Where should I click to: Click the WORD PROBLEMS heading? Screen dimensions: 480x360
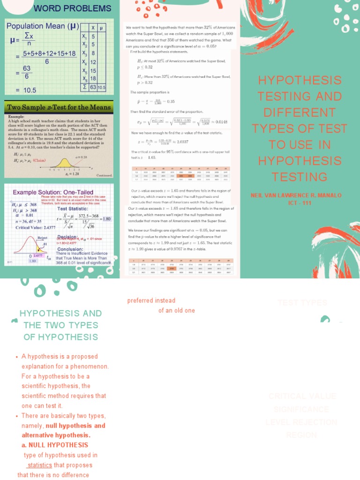click(72, 8)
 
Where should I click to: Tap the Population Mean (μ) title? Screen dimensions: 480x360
click(42, 26)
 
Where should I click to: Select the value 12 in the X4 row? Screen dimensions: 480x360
click(93, 62)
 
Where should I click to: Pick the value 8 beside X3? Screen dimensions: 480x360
click(93, 53)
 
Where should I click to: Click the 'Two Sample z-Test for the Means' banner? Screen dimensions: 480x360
click(59, 107)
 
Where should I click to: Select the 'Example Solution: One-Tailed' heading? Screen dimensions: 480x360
click(52, 192)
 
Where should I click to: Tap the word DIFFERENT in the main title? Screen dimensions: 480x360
click(300, 112)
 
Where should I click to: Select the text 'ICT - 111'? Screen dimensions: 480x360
click(300, 202)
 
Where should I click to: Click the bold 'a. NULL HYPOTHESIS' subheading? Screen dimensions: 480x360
click(55, 445)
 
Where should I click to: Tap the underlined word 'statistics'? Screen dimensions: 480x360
click(39, 465)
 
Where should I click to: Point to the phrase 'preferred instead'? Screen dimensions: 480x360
click(151, 300)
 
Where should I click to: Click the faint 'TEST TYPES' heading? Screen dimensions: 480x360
click(302, 303)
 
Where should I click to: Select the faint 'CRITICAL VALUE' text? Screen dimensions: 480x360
click(302, 396)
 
